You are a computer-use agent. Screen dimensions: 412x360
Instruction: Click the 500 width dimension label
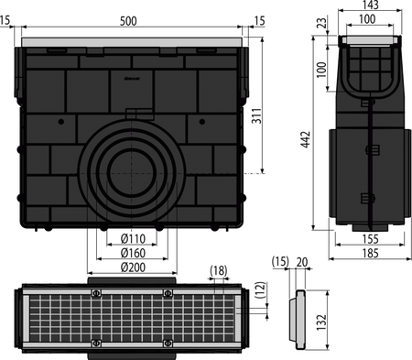click(x=128, y=21)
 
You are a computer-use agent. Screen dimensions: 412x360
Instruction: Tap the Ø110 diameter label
click(x=133, y=238)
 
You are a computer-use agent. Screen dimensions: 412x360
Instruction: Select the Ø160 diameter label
click(x=133, y=253)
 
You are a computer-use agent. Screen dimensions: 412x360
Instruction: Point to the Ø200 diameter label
click(x=133, y=267)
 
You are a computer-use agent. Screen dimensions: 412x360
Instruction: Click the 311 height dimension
click(x=256, y=115)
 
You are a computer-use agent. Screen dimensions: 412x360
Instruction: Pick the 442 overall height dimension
click(x=306, y=139)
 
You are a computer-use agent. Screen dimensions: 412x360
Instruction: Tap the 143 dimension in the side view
click(x=370, y=5)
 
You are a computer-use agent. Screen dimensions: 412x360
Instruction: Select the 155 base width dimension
click(x=370, y=239)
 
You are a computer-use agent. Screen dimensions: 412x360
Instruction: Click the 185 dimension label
click(x=370, y=253)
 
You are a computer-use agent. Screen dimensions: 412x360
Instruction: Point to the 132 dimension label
click(x=321, y=322)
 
